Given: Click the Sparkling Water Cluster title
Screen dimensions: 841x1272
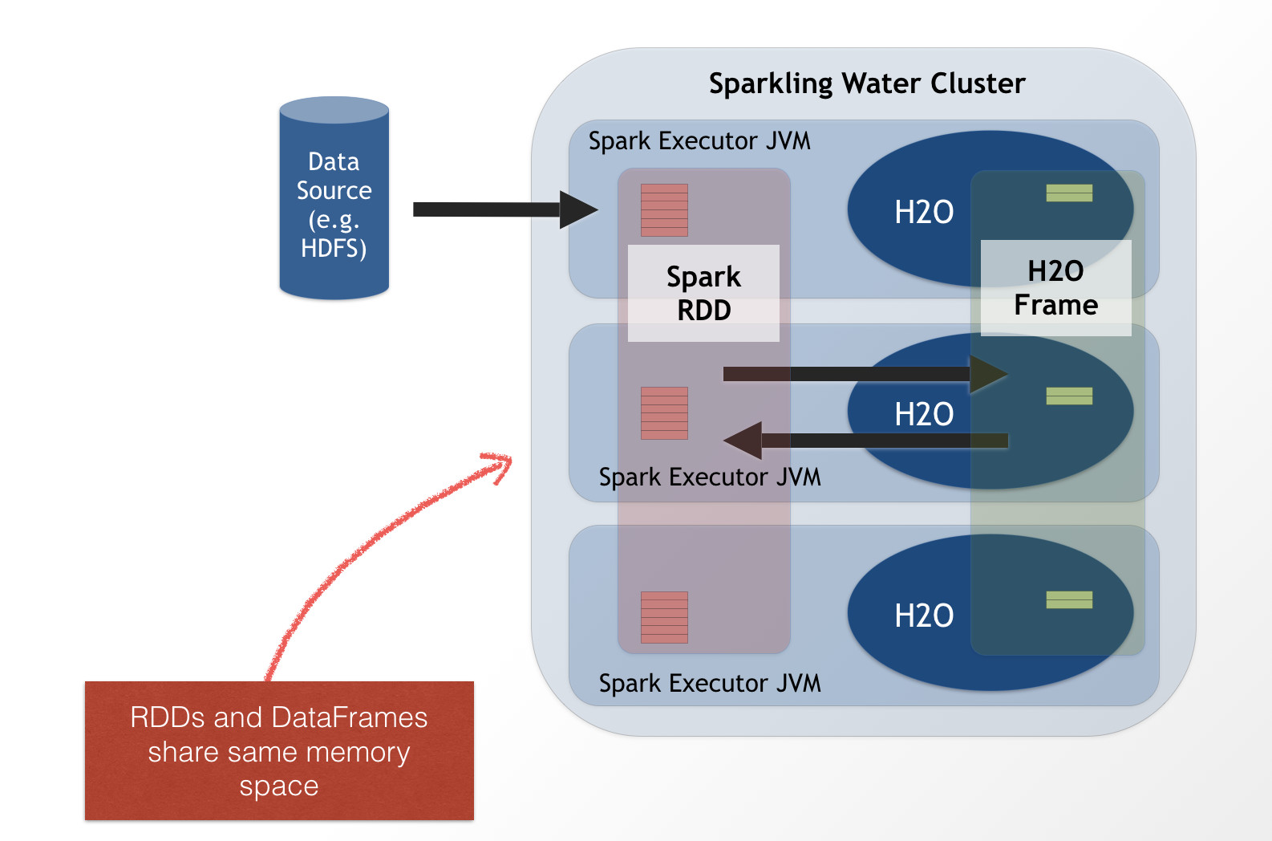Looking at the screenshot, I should pos(867,83).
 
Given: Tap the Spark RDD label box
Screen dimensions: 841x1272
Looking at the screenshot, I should pos(703,293).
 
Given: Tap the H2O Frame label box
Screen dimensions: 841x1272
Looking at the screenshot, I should pos(1055,288).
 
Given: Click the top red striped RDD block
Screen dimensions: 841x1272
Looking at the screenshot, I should pos(664,210).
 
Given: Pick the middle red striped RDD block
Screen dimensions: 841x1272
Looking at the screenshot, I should pos(664,413).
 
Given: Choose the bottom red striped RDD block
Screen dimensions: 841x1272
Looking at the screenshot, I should pos(664,617).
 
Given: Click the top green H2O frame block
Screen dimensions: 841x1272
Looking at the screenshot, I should pos(1069,193).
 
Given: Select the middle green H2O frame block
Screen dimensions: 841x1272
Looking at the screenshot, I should pos(1069,396).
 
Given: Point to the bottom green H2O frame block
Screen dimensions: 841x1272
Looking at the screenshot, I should pos(1069,599).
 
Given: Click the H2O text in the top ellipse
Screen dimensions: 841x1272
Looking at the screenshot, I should pos(924,212).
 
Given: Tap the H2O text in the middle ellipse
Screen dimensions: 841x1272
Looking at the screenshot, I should pos(924,414).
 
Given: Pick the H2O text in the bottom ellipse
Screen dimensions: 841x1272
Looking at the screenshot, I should pos(924,616).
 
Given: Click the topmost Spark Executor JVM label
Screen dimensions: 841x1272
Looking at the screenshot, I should pos(699,141).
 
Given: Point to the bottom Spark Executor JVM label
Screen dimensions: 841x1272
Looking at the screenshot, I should pos(710,683).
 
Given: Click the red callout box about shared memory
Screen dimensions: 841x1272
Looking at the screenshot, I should pos(279,750).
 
